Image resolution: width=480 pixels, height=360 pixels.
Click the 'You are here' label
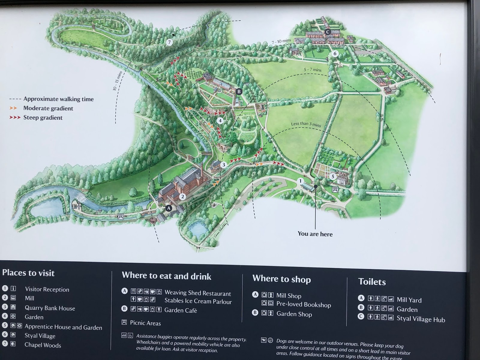tap(315, 234)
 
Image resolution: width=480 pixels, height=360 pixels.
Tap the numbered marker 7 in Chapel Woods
tap(169, 42)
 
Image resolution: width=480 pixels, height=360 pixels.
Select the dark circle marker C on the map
tap(328, 32)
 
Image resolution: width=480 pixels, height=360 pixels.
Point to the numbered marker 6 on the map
tap(335, 54)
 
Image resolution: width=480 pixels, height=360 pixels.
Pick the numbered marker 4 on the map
tap(220, 121)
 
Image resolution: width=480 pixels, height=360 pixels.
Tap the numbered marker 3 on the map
tap(223, 165)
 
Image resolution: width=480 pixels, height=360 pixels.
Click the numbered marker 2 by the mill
tap(182, 197)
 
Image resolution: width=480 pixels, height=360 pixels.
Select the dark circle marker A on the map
tap(169, 208)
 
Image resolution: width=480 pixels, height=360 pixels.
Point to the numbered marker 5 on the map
tap(332, 177)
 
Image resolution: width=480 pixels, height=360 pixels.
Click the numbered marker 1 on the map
tap(300, 181)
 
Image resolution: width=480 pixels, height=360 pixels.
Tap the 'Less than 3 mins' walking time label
tap(306, 124)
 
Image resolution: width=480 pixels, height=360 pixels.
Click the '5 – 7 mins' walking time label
tap(312, 70)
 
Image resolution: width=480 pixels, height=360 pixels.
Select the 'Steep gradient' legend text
tap(43, 118)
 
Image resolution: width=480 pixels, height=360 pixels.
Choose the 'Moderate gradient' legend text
tap(48, 108)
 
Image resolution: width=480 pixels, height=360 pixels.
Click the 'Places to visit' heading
tap(28, 273)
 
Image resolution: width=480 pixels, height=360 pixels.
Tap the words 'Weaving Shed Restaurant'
tap(198, 293)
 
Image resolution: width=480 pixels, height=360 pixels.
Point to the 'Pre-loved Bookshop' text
tap(304, 304)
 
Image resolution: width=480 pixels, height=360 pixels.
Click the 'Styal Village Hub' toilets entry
tap(421, 319)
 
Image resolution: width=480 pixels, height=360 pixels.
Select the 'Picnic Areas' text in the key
tap(145, 323)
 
